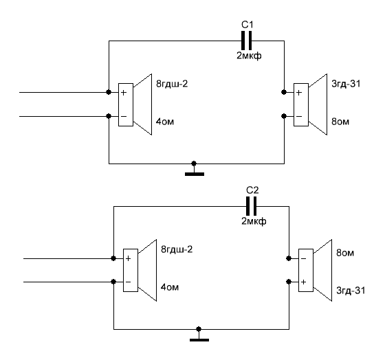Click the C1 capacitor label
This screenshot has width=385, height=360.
247,25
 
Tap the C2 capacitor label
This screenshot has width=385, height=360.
252,190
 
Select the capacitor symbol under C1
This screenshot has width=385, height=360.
247,41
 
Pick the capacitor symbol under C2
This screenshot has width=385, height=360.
251,206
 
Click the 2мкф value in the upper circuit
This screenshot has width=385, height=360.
249,56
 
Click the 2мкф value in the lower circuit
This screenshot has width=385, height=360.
254,222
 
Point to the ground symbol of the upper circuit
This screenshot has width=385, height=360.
194,171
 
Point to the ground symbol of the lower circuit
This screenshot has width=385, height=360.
199,337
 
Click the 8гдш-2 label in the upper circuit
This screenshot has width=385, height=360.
172,84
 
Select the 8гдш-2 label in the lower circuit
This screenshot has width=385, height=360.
177,249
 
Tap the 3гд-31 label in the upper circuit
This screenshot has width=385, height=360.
346,84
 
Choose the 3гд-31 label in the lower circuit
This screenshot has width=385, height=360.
351,291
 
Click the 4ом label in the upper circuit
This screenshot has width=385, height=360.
165,122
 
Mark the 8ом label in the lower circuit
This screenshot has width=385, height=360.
345,253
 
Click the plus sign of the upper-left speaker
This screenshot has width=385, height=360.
124,93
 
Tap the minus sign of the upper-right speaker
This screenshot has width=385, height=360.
299,116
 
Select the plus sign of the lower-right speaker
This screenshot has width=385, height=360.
303,282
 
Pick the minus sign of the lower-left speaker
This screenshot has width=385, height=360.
128,282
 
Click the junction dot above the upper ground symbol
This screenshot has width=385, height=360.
194,164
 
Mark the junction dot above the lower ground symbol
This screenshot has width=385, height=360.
199,329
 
